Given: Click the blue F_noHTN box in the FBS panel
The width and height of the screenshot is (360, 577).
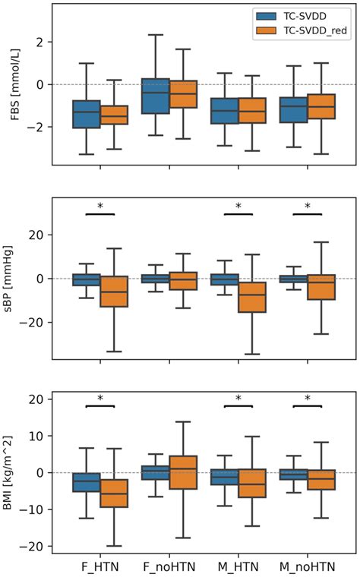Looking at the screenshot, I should point(155,96).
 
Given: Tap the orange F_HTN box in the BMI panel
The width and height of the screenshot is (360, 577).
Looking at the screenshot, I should point(113,493).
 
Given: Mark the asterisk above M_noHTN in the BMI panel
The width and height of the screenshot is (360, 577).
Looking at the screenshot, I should point(308,399).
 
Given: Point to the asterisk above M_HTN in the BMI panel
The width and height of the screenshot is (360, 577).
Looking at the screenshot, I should point(238,399).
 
